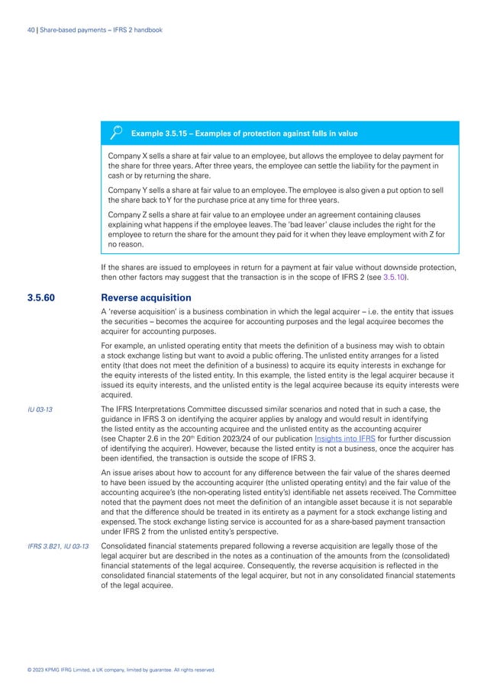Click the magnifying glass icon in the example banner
(x=117, y=133)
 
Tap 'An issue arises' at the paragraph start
(x=126, y=474)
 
